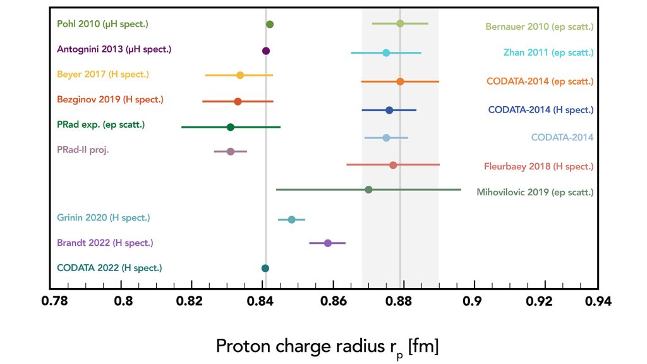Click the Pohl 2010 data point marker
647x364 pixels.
(270, 25)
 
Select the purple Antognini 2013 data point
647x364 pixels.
(266, 51)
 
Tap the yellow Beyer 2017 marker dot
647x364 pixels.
(240, 75)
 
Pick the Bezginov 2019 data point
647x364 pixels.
(238, 101)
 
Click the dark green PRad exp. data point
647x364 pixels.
(231, 127)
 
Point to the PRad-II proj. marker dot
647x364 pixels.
(231, 152)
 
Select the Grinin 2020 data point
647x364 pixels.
(291, 219)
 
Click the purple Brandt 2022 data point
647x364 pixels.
(328, 243)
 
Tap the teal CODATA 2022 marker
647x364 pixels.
(265, 269)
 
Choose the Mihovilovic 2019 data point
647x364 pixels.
(369, 190)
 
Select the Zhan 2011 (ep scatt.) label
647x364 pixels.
(548, 52)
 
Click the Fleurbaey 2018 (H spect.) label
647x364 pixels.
(538, 167)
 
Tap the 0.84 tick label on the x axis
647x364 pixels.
(262, 303)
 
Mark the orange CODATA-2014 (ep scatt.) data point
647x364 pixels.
(400, 82)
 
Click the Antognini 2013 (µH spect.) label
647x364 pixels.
(114, 49)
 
